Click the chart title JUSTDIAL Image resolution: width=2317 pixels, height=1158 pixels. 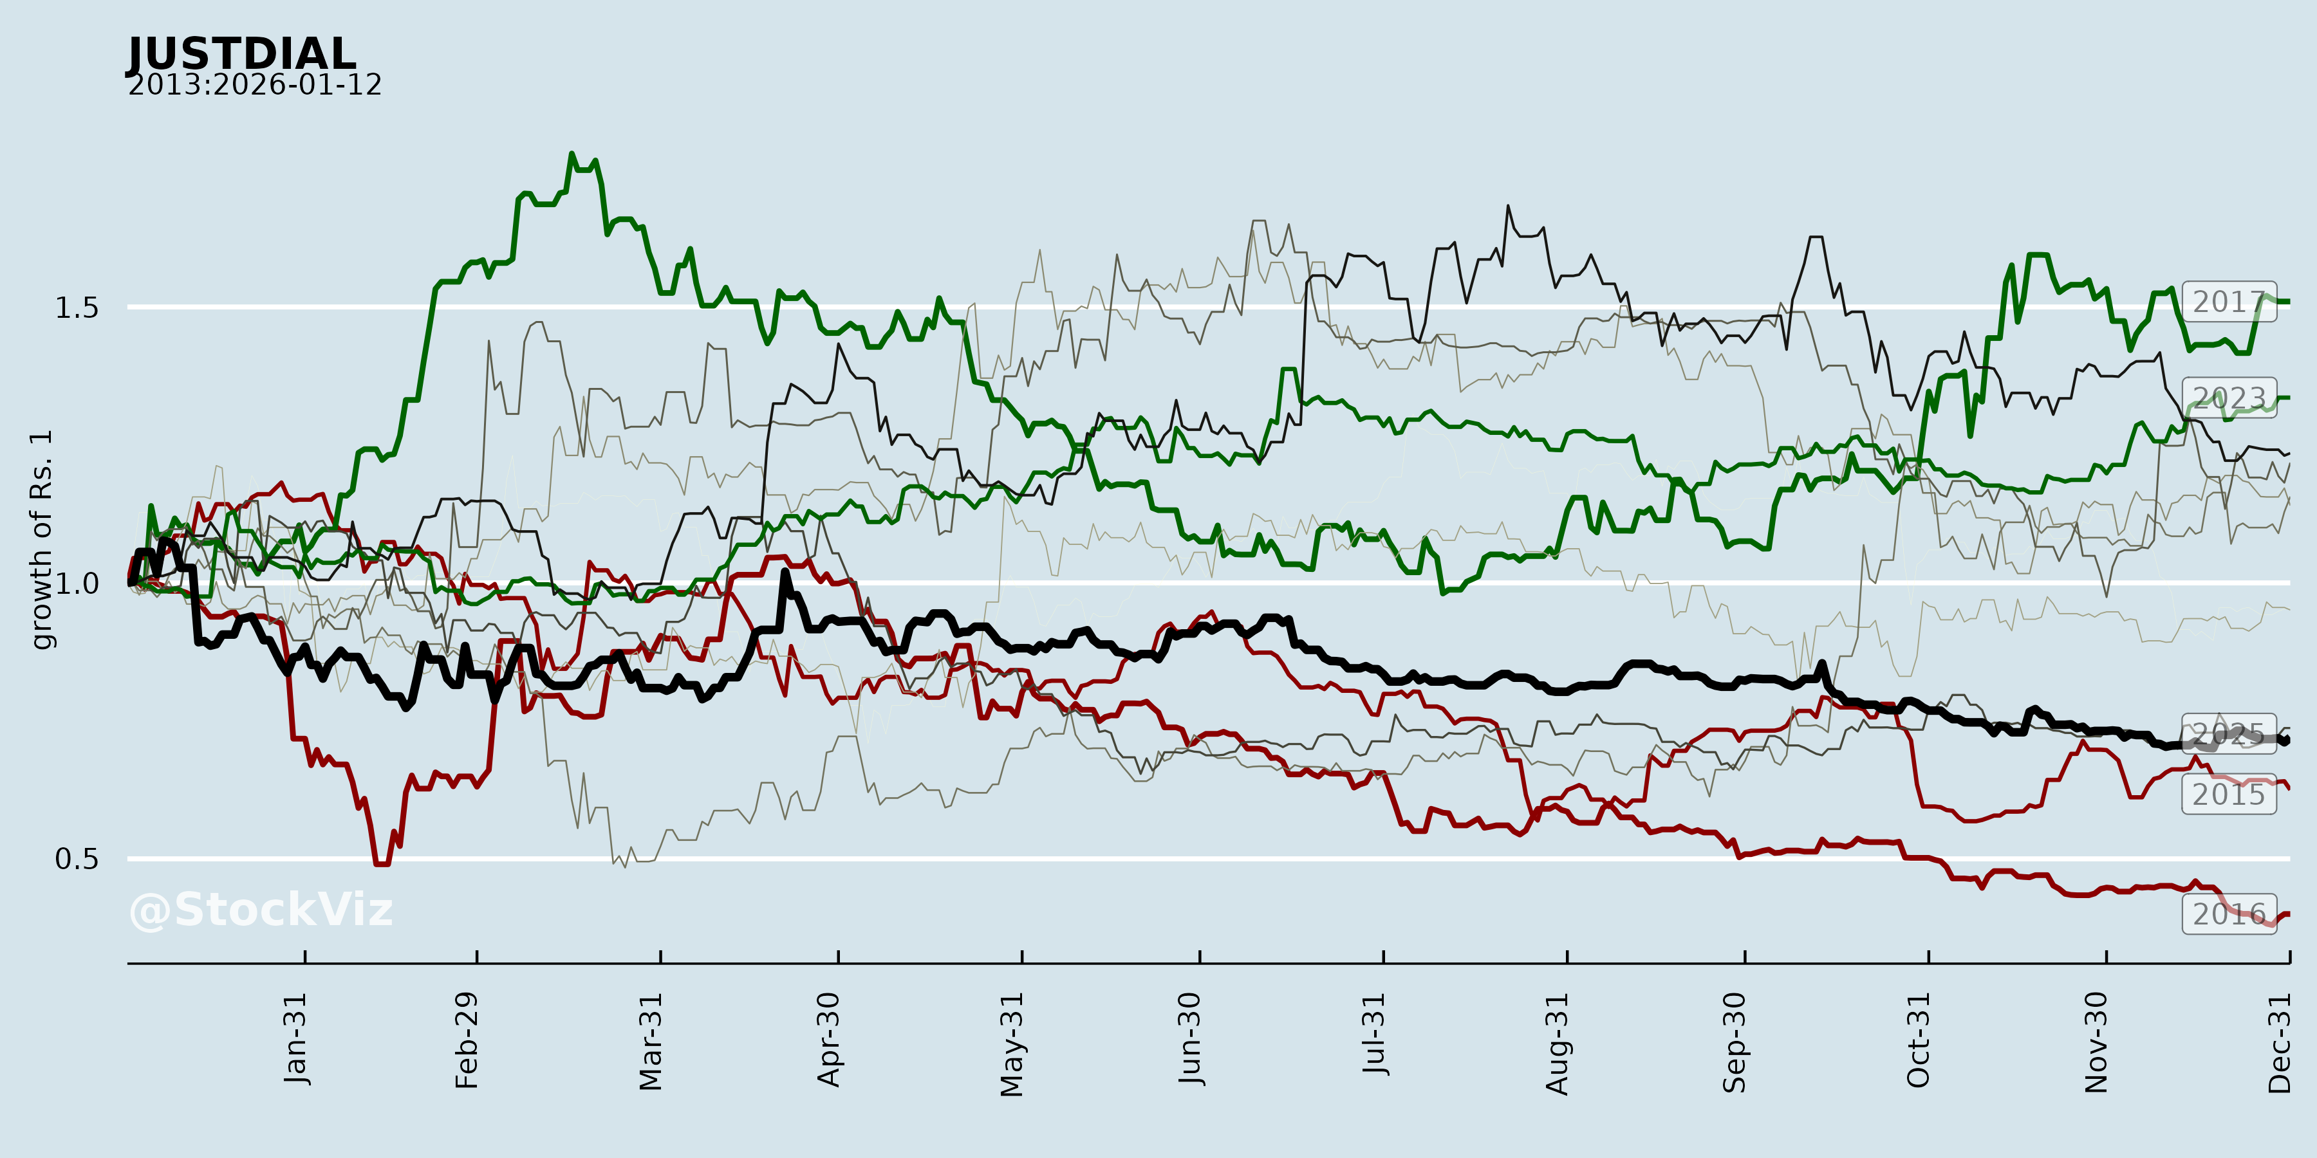241,54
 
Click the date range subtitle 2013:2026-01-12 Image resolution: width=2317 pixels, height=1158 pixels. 254,86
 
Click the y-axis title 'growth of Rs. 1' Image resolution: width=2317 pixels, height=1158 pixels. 41,540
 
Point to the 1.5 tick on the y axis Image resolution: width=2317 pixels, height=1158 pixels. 77,308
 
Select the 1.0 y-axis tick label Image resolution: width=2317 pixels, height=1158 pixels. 77,584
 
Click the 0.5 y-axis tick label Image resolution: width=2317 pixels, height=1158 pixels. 77,859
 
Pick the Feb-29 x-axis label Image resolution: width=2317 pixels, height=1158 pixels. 467,1040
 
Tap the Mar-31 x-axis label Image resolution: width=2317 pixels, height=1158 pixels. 650,1041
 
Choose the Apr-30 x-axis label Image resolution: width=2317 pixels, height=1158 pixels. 828,1040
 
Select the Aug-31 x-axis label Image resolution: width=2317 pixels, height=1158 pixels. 1557,1043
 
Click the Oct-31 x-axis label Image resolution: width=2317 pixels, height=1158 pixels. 1919,1040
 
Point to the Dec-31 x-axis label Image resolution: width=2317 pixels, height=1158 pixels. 2280,1042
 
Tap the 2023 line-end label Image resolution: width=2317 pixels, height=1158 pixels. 2228,398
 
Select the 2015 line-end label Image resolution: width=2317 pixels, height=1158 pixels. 2228,795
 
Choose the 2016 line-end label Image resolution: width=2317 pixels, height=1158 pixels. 2228,914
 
